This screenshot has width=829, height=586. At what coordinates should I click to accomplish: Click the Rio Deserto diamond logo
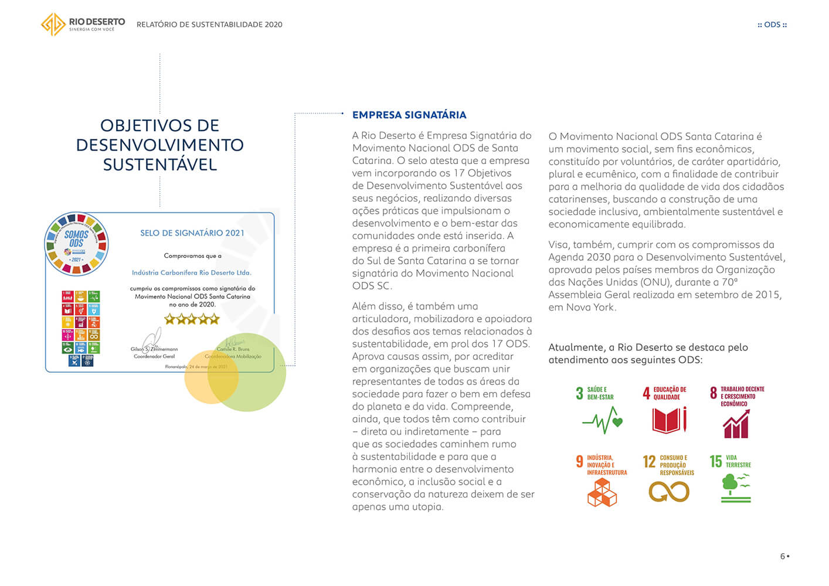point(53,25)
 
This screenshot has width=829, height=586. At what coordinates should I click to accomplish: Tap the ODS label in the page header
point(772,25)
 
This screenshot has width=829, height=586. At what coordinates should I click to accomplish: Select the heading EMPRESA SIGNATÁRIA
point(409,115)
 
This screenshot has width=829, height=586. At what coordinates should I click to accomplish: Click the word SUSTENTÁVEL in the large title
point(160,165)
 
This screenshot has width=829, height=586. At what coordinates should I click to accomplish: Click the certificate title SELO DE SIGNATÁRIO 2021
point(192,233)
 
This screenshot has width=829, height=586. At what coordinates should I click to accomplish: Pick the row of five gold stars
point(192,319)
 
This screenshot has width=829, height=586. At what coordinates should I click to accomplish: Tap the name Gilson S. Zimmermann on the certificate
point(154,349)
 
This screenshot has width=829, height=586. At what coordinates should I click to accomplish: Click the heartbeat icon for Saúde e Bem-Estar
point(602,420)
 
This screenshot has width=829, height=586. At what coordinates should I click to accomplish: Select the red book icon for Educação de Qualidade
point(669,420)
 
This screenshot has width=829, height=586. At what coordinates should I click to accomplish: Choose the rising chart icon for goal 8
point(736,424)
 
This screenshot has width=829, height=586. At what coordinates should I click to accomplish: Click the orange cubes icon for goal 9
point(602,492)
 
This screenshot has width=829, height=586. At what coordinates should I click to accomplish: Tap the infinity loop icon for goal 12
point(669,492)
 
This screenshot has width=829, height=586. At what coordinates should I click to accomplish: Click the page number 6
point(783,556)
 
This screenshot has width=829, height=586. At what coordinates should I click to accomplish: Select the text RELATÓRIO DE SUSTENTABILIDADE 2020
point(209,25)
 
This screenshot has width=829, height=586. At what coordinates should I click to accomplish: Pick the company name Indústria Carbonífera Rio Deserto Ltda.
point(192,272)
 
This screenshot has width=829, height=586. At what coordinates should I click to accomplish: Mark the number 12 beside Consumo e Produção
point(649,462)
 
